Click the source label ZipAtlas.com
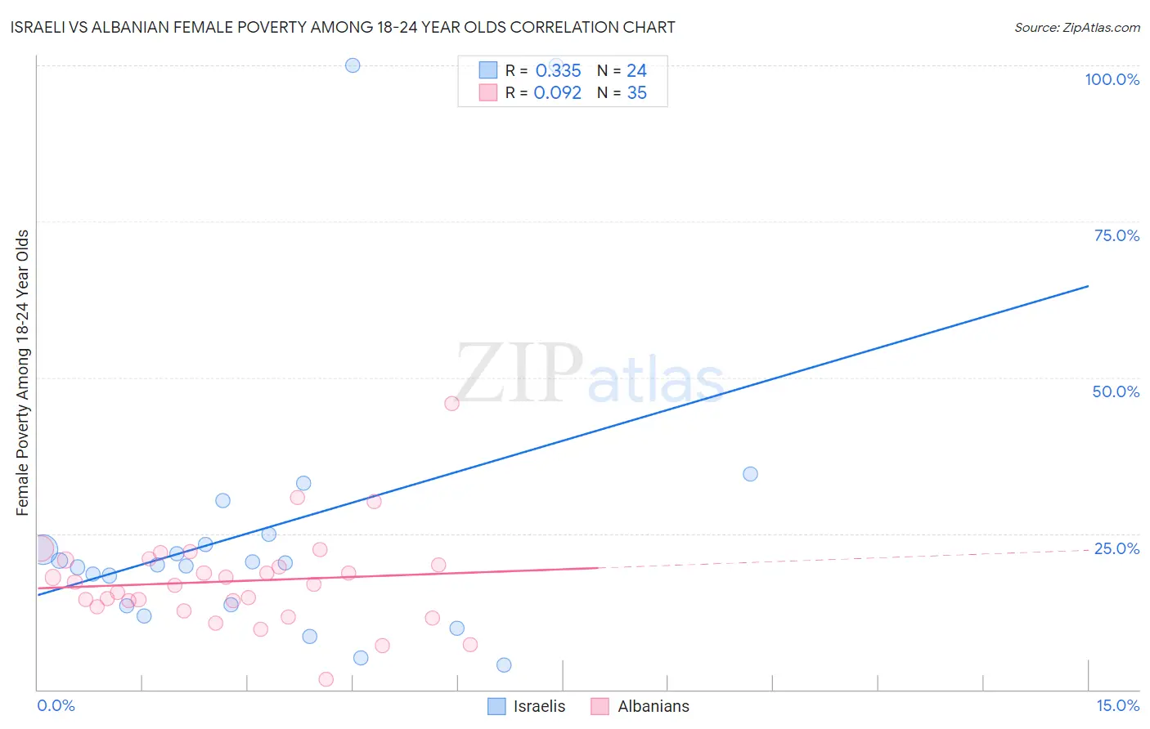[1076, 27]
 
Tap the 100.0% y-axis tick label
[1112, 79]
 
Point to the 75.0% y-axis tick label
[1116, 235]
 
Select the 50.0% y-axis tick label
[1116, 391]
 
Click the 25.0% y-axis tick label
[1116, 548]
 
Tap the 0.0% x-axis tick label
[56, 705]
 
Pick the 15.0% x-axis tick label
[1117, 705]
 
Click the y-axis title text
[23, 373]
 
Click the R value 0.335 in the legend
[558, 71]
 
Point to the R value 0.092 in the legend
[557, 93]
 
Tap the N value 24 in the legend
[636, 71]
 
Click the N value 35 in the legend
[636, 93]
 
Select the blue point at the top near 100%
[353, 65]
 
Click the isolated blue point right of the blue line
[750, 474]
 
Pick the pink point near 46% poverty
[451, 403]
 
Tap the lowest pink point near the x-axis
[326, 679]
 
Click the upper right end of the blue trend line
[1088, 286]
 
